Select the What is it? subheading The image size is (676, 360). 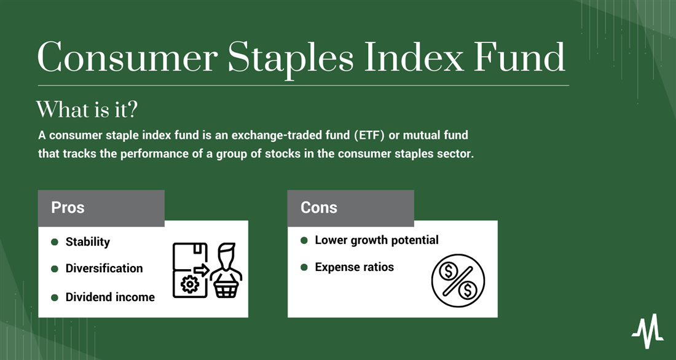87,109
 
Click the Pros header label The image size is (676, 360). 68,208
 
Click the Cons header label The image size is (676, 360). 318,208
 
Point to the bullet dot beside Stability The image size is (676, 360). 55,242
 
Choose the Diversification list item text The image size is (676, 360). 104,268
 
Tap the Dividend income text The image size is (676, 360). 110,297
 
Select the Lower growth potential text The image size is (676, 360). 377,240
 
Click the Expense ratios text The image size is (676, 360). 355,267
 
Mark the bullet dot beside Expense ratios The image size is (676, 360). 304,267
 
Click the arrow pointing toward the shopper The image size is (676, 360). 201,270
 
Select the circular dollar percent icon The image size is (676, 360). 458,281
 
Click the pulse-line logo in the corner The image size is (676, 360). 647,331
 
